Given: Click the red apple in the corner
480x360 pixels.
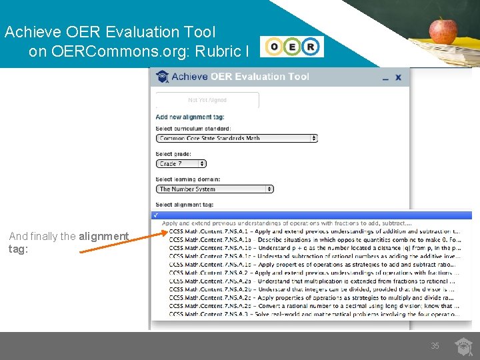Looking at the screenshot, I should point(443,31).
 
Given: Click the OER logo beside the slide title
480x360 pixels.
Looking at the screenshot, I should point(293,47).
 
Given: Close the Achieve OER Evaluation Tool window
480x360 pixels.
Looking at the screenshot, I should point(399,77).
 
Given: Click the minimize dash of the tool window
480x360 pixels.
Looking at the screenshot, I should point(385,78).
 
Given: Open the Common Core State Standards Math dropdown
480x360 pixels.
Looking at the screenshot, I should point(237,139).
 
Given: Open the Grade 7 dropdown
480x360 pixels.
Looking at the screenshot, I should point(181,163).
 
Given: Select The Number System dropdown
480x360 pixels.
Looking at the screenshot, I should point(215,189).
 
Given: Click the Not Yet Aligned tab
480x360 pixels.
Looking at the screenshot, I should point(207,100).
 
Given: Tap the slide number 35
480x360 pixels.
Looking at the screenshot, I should point(435,346).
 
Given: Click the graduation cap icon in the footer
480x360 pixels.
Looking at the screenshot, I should point(463,346).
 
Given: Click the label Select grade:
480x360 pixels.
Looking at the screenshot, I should point(174,154).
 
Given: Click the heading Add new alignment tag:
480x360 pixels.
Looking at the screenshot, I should point(190,117).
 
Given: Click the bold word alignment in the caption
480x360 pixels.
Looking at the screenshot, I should point(103,236).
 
